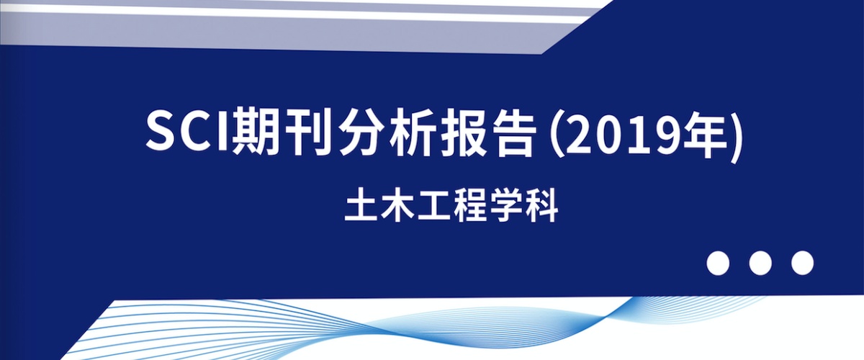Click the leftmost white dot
[718, 263]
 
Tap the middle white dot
[760, 263]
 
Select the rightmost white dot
[802, 263]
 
